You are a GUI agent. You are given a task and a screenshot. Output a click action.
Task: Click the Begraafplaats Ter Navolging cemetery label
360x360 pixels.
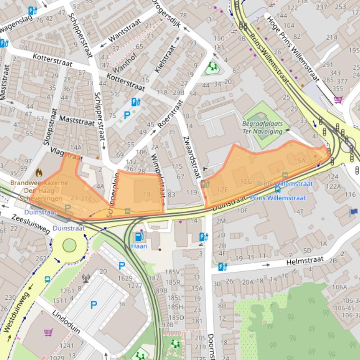tap(262, 128)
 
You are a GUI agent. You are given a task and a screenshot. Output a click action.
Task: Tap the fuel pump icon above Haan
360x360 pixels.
tap(139, 237)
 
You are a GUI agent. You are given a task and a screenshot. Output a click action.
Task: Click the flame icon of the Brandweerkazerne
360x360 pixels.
tap(39, 173)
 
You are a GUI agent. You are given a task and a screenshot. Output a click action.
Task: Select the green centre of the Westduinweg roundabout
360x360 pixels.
tap(69, 245)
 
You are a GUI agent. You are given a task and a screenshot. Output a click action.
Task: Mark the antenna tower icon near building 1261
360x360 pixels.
tap(86, 279)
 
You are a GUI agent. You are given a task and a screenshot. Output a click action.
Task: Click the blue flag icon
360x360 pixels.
tap(353, 213)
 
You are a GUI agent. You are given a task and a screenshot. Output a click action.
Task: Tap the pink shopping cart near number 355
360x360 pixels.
tap(338, 99)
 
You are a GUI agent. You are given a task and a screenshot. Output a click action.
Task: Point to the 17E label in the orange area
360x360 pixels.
tap(223, 189)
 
